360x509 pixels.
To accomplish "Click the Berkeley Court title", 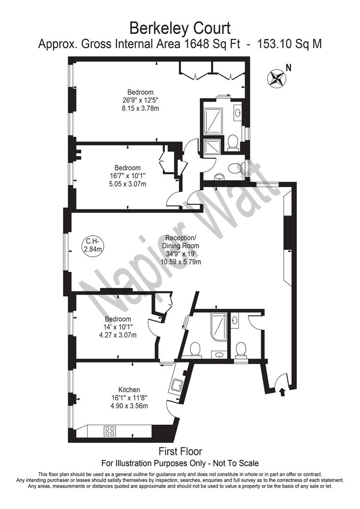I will coord(180,29).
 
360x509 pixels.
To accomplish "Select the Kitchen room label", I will coord(129,390).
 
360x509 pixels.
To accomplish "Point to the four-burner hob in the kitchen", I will coord(110,430).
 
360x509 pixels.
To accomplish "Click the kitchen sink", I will coord(178,386).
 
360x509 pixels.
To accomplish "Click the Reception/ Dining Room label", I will coord(180,241).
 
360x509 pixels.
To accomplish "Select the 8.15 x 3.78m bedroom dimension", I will coord(140,108).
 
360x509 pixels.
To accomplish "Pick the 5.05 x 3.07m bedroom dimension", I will coord(127,184).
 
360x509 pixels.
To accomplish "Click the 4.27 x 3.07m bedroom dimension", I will coord(118,335).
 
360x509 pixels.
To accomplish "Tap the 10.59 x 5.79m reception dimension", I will coord(181,262).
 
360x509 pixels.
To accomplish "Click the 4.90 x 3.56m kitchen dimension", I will coord(129,406).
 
